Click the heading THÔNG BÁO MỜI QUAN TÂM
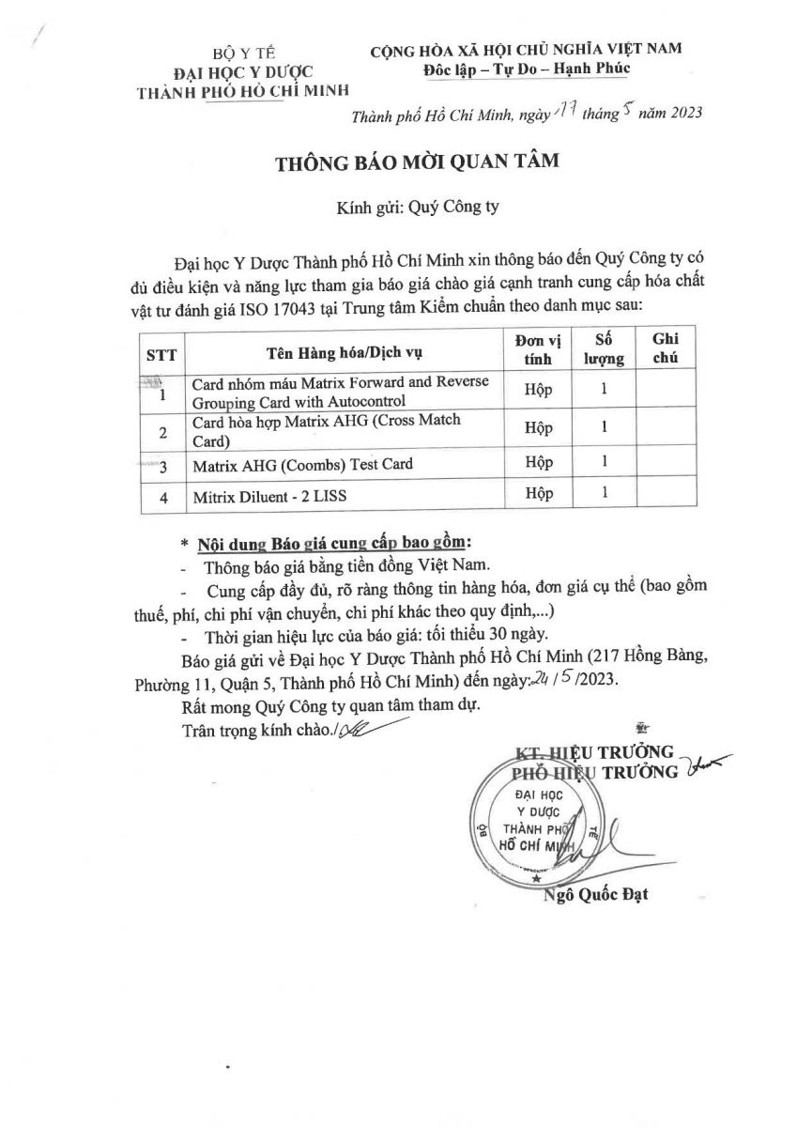click(415, 162)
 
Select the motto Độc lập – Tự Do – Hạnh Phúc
click(525, 68)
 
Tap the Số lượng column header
click(605, 347)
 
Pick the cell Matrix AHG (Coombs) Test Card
click(301, 464)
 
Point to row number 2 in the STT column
click(164, 432)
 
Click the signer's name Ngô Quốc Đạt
click(595, 894)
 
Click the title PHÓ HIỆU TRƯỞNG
click(594, 772)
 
